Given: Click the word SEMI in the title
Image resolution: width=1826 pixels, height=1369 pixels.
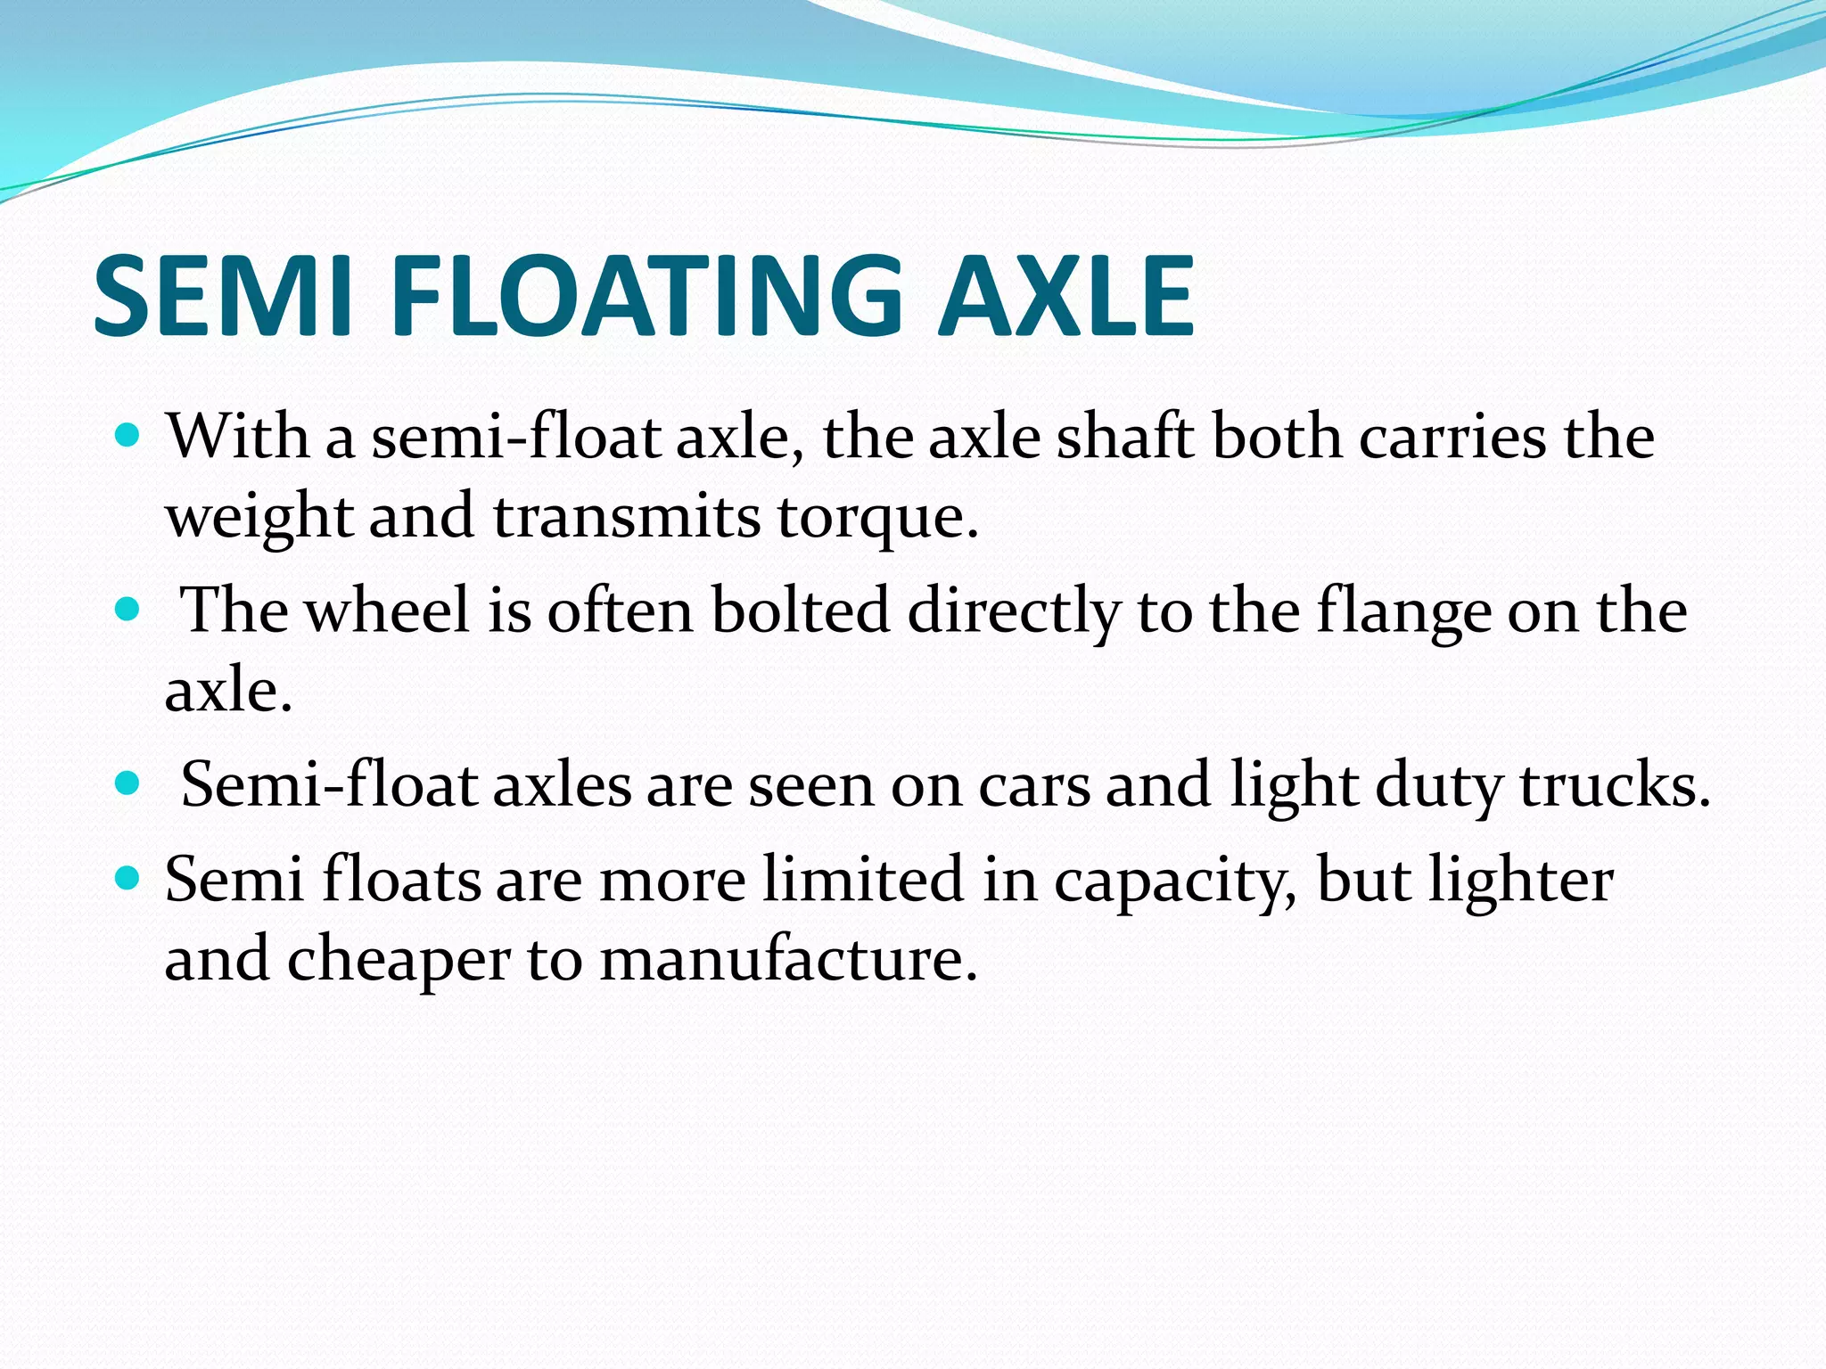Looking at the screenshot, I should coord(223,295).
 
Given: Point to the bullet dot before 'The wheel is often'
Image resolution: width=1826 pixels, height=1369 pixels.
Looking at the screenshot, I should coord(129,610).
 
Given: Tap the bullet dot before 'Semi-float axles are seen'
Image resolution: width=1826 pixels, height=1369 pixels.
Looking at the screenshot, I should coord(129,783).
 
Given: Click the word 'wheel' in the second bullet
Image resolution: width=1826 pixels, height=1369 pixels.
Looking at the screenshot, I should coord(387,611).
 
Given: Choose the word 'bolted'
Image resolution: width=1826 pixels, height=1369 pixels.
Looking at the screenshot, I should coord(801,611).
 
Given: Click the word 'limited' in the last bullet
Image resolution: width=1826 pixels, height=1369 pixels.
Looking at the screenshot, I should coord(863,880).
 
